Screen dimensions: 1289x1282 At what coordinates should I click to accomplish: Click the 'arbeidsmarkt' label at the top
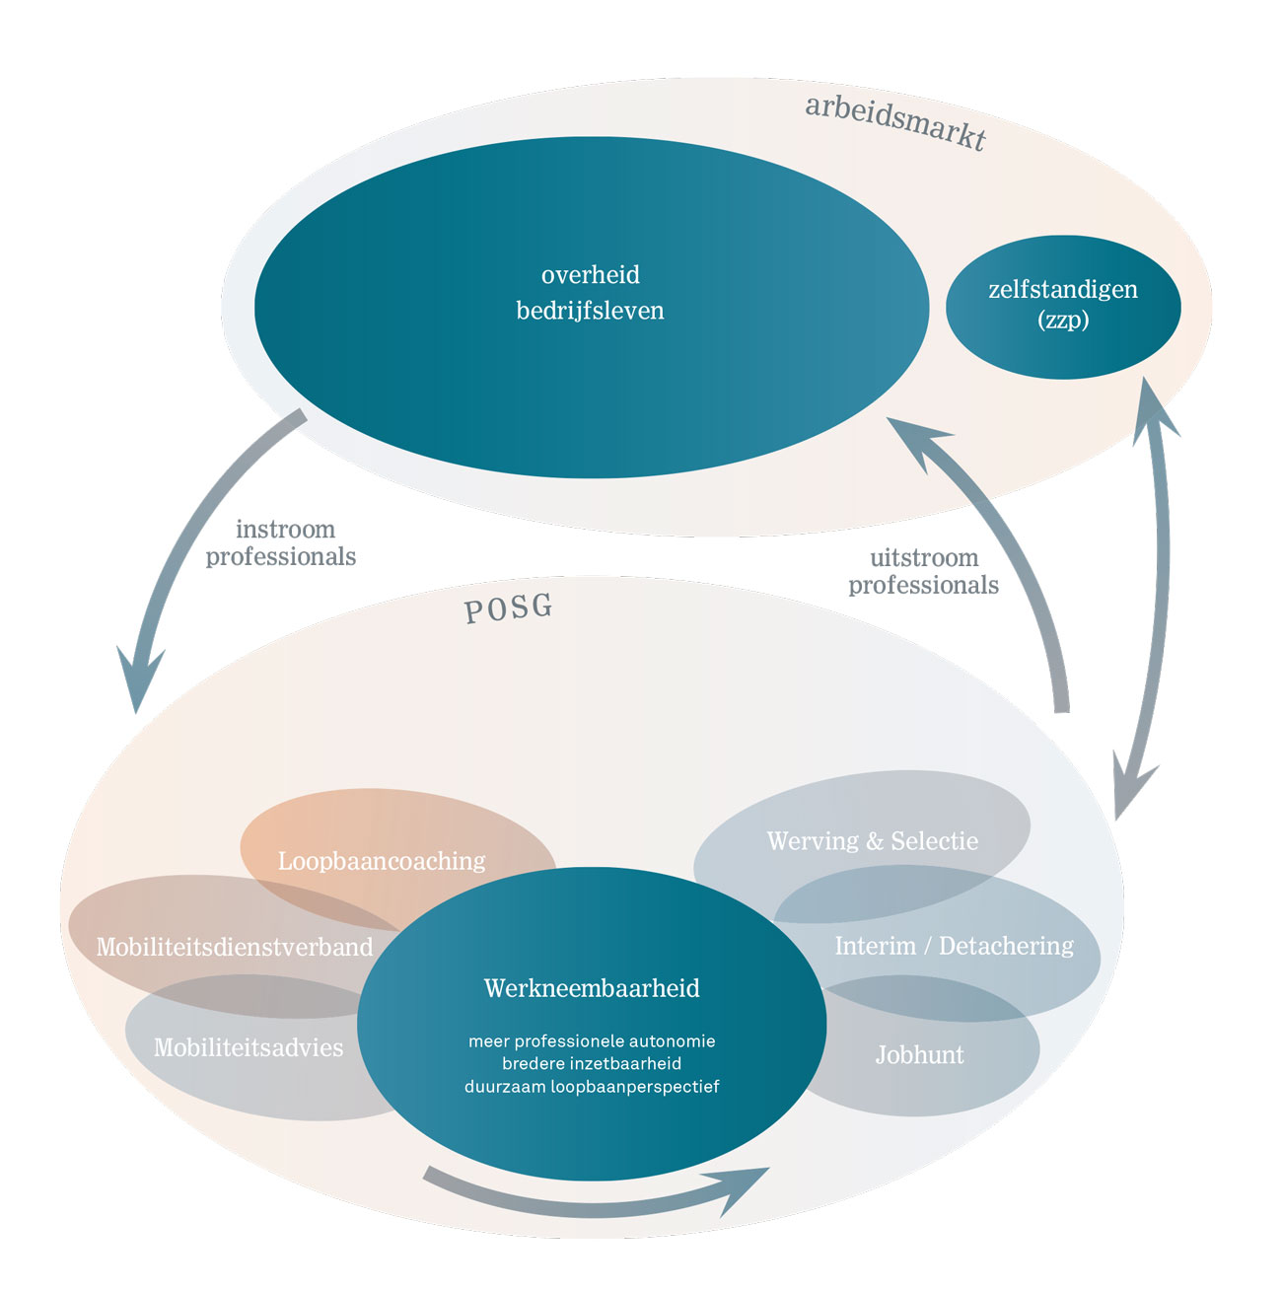click(x=895, y=122)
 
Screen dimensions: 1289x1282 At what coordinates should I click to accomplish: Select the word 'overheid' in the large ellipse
click(x=590, y=275)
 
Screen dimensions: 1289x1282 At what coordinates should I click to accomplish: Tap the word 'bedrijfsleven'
click(x=590, y=311)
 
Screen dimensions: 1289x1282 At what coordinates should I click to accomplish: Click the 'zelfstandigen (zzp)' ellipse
click(x=1063, y=306)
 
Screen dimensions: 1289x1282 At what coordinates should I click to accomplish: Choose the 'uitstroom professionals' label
click(x=923, y=572)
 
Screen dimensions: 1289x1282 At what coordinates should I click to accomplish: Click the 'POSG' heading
click(x=508, y=609)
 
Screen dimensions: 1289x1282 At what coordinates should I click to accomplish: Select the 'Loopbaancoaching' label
click(x=382, y=861)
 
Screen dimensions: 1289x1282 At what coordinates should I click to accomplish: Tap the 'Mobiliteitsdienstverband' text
click(x=235, y=947)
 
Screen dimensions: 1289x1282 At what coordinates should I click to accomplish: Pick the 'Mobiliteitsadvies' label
click(x=249, y=1047)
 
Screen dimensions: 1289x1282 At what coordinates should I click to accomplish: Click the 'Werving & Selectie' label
click(x=873, y=841)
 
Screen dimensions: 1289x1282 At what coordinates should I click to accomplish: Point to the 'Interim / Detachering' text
click(x=954, y=946)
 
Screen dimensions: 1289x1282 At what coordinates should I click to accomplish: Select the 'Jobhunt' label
click(x=919, y=1055)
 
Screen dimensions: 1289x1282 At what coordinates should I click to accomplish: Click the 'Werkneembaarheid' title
click(x=592, y=988)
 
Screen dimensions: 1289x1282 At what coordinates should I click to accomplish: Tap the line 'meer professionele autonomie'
click(x=592, y=1041)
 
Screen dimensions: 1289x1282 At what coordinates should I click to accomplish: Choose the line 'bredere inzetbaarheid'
click(x=592, y=1064)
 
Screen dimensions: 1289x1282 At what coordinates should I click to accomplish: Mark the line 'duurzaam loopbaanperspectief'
click(x=592, y=1087)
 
